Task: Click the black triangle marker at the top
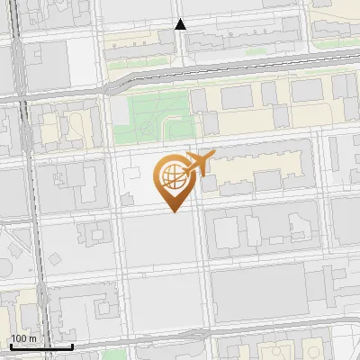[x=181, y=24]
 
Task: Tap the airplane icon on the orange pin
[x=199, y=162]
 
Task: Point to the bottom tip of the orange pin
[x=174, y=212]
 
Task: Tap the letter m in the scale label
[x=32, y=338]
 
